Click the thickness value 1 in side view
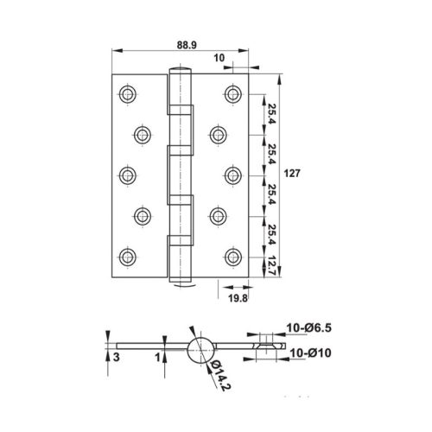click(x=156, y=354)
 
